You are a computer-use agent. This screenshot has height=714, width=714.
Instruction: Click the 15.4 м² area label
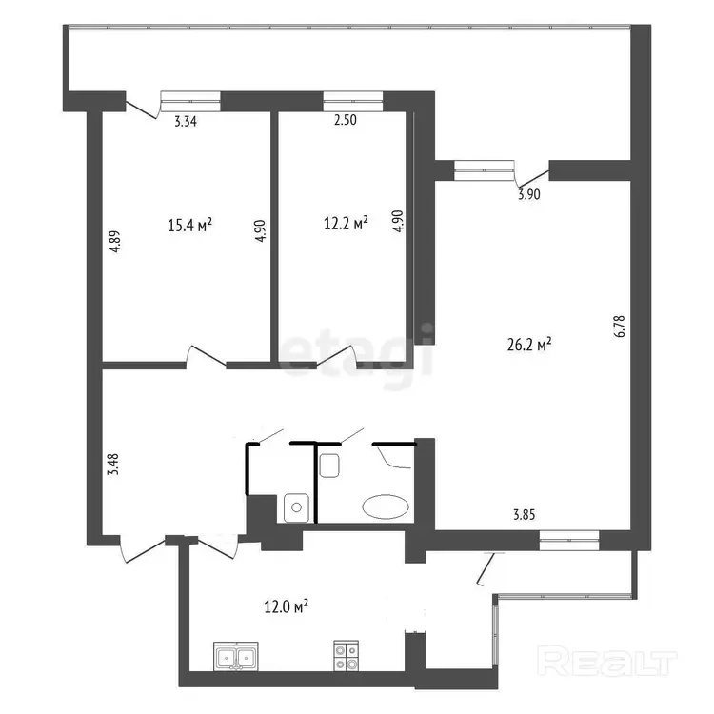coord(189,225)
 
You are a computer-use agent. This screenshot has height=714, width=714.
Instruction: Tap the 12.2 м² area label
coord(346,223)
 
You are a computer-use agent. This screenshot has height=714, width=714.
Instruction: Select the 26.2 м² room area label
coord(529,345)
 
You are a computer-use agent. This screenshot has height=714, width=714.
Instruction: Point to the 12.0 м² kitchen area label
coord(287,606)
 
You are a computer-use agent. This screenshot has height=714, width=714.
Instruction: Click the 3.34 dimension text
coord(186,122)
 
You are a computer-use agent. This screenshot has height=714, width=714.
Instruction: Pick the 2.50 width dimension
coord(346,120)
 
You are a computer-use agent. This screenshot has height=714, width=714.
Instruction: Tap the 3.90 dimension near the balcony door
coord(529,194)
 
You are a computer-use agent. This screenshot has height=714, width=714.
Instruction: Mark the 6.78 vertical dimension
coord(620,326)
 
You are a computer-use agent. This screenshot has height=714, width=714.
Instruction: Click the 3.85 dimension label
coord(525,515)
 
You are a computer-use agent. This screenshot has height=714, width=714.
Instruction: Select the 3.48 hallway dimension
coord(113,464)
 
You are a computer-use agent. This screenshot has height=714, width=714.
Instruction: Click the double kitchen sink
coord(236,657)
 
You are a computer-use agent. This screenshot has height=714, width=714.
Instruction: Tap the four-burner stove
coord(347,656)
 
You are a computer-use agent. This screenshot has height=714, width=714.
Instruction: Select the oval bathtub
coord(386,506)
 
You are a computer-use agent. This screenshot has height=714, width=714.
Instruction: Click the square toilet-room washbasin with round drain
coord(296,507)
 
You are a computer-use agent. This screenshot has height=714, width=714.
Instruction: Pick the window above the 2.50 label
coord(353,101)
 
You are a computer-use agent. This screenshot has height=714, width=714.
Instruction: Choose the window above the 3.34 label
coord(190,101)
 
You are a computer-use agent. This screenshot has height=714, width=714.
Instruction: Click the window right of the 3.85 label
coord(569,541)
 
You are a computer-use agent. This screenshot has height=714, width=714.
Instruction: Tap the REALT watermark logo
coord(607,661)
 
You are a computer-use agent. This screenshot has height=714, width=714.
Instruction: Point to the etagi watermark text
coord(356,354)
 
